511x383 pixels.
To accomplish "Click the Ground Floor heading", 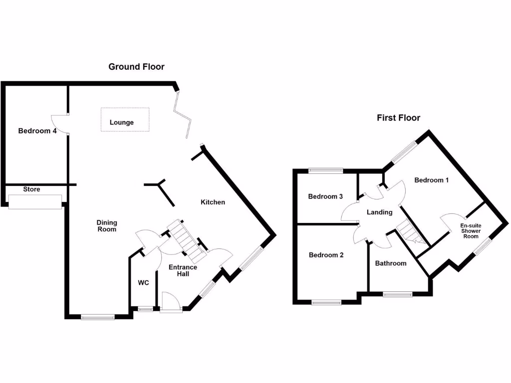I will coord(136,67).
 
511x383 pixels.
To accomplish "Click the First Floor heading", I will coord(398,118).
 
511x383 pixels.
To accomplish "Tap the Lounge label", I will coord(122,122).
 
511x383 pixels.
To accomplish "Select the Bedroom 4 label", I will coord(37,131).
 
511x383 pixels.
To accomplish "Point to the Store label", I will coord(32,190).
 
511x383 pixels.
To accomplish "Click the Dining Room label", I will coord(106,226).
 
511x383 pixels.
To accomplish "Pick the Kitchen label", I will coord(213,202).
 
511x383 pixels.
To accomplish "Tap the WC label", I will coord(143,283).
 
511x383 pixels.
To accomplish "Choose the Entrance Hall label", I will coord(183,270).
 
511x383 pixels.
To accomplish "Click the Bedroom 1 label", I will coord(432,180).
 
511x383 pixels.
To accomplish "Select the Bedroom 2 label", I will coord(326,255).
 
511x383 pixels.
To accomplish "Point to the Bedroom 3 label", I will coord(325,196).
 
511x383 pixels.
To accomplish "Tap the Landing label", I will coord(379,212).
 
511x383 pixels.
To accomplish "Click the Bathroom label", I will coord(391,263).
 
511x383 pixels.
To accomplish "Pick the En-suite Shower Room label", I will coord(471,231).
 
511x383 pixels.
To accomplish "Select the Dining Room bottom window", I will coord(98,316).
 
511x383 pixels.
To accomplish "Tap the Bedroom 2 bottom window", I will coord(326,301).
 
